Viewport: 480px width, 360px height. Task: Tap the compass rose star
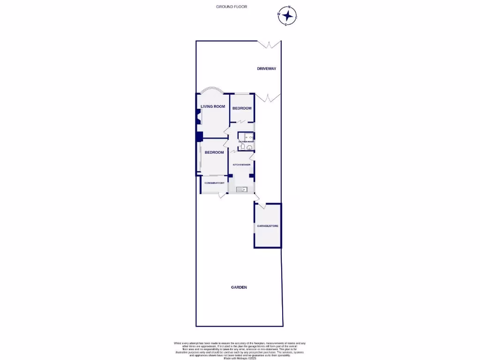(x=287, y=16)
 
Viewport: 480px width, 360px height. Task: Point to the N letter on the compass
(x=290, y=7)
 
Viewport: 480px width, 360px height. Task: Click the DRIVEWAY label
(x=266, y=69)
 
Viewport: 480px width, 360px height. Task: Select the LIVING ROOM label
(x=213, y=106)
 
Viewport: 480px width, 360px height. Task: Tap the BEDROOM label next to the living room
(x=242, y=108)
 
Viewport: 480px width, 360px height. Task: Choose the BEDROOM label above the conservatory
(x=214, y=152)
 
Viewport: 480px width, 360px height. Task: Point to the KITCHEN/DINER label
(x=241, y=165)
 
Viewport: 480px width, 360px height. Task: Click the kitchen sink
(x=242, y=190)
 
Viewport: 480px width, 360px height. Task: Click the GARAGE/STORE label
(x=268, y=226)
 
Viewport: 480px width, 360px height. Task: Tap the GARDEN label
(x=239, y=287)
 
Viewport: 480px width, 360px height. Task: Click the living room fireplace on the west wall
(x=198, y=118)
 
